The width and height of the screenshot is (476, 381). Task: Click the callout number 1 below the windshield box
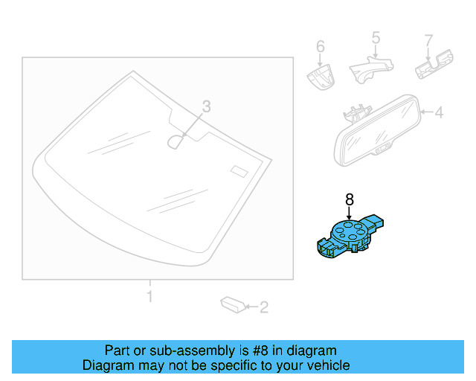click(x=149, y=297)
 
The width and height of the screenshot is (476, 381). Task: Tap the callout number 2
click(x=263, y=306)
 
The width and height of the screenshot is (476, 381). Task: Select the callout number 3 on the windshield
click(x=207, y=107)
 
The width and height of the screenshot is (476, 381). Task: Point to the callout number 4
click(x=439, y=113)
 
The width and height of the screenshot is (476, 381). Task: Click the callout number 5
click(x=376, y=36)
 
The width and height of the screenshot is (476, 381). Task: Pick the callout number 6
click(x=321, y=47)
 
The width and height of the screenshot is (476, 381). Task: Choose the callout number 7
click(x=428, y=39)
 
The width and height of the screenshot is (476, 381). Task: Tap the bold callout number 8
click(x=349, y=199)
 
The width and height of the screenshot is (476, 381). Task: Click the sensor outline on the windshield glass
click(x=176, y=141)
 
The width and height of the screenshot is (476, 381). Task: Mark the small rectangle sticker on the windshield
click(x=238, y=170)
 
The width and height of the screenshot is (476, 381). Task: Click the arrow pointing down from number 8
click(x=349, y=211)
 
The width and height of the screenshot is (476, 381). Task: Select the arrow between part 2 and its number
click(x=248, y=306)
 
